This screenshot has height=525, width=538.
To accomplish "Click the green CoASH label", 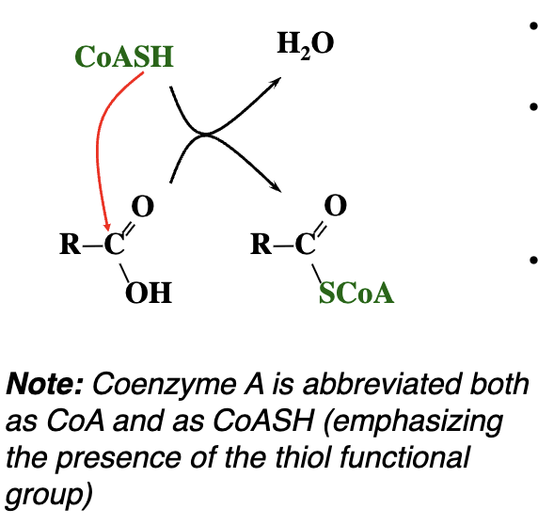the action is (124, 56).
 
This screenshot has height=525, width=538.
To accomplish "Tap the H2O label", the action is (306, 44).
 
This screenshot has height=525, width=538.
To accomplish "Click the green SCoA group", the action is (356, 293).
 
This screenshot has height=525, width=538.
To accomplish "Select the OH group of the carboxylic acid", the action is (149, 293).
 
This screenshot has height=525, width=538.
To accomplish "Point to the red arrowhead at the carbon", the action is (107, 227).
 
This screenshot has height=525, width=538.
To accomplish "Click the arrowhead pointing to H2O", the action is (276, 82).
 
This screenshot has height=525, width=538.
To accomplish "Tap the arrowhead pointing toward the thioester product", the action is (276, 187).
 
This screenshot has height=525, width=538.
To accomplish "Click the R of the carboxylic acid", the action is (71, 244).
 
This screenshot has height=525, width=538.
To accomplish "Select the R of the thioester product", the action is (261, 244).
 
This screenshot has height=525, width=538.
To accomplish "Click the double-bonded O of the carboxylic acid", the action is (142, 206).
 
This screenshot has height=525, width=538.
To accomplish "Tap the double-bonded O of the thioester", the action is (335, 205).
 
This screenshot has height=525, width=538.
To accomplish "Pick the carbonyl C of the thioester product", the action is (305, 244).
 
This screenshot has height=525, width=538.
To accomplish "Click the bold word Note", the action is (44, 384).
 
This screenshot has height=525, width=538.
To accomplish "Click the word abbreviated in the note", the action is (381, 384).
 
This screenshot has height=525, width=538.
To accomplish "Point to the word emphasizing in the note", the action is (414, 422).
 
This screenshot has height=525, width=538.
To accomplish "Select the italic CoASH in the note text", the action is (263, 421).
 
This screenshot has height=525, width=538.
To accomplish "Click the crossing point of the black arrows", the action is (205, 135).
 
